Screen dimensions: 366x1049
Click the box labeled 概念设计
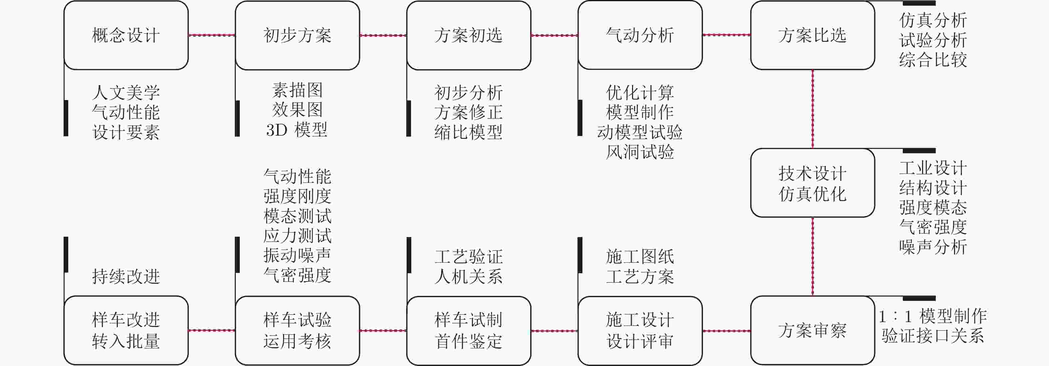tap(126, 35)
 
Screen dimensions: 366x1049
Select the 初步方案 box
tap(297, 35)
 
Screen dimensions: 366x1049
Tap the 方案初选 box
tap(468, 35)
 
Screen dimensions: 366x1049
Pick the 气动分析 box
tap(640, 35)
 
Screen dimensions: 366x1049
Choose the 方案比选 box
tap(813, 35)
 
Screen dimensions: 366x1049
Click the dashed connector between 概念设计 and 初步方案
tap(212, 35)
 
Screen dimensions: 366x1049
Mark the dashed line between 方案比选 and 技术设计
tap(813, 109)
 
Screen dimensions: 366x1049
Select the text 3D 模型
tap(297, 130)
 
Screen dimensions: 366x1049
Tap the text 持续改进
tap(126, 277)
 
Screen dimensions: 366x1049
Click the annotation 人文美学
tap(126, 93)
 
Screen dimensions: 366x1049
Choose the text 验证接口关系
tap(932, 336)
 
